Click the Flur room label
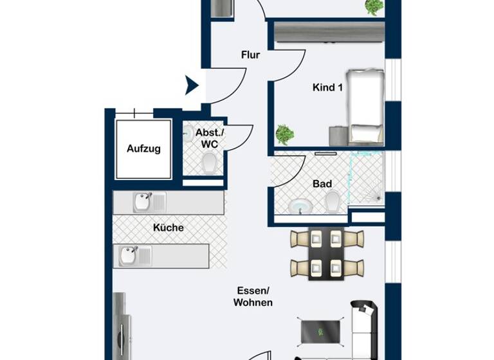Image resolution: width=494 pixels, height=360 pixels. coord(250,55)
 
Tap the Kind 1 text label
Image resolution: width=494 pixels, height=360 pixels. coord(327,87)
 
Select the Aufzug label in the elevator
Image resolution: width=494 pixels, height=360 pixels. coord(143,148)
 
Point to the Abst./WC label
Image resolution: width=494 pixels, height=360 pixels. coord(210,138)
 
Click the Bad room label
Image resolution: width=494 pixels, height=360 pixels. coord(322,184)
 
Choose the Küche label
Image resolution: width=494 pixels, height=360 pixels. coord(169,228)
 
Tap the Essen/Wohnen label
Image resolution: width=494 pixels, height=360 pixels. coord(253,296)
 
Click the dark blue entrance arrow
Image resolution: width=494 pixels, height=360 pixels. coord(191,85)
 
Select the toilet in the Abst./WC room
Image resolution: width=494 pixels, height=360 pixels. coord(209,166)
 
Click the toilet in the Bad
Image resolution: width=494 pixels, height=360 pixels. coord(333,204)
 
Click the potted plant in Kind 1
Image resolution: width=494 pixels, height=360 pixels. coord(284,134)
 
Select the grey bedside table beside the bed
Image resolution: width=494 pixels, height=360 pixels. coord(338,136)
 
